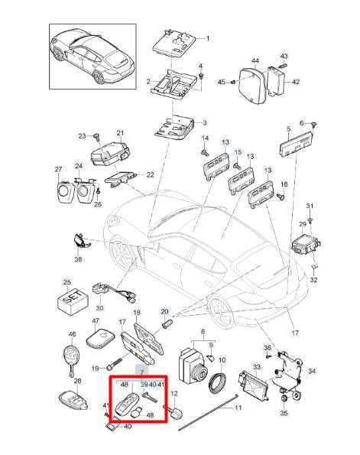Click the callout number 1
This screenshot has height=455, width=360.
[207, 38]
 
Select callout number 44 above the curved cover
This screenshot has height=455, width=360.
[255, 61]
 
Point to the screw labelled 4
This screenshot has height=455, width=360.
[201, 76]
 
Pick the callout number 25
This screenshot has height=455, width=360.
[67, 282]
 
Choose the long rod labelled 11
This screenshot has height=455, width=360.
[208, 411]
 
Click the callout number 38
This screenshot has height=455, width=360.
[78, 259]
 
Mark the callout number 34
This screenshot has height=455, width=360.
[312, 371]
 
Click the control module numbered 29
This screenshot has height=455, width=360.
[306, 245]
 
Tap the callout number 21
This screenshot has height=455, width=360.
[120, 133]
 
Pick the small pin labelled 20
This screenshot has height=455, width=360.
[167, 323]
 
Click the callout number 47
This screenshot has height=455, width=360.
[96, 320]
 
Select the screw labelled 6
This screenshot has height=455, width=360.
[314, 125]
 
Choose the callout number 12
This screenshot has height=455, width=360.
[174, 394]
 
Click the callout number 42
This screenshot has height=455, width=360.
[295, 82]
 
